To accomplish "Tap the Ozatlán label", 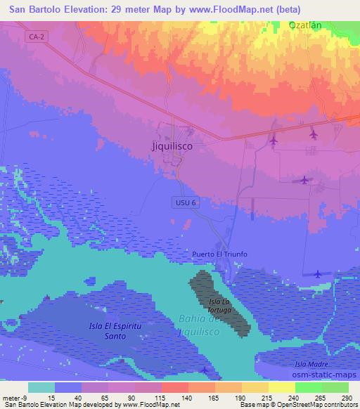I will pyautogui.click(x=305, y=25).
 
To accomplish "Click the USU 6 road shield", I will pyautogui.click(x=181, y=202).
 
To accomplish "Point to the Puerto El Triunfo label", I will pyautogui.click(x=220, y=254).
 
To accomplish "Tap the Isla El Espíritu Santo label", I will pyautogui.click(x=108, y=331).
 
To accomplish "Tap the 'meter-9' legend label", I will pyautogui.click(x=14, y=398).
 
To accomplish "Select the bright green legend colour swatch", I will pyautogui.click(x=308, y=387).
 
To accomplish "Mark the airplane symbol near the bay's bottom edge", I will pyautogui.click(x=204, y=370).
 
